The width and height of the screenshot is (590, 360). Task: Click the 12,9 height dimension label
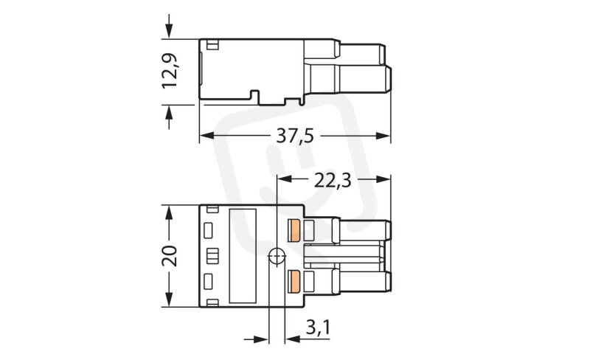[x=170, y=71]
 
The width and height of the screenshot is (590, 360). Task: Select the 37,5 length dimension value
[x=294, y=136]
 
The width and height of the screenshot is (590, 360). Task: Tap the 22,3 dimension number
[x=333, y=181]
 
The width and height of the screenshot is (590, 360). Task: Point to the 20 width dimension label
[x=170, y=256]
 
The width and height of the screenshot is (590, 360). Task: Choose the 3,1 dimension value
[x=318, y=328]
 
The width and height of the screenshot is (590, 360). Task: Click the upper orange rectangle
[x=294, y=230]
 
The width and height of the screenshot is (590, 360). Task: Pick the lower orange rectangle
[x=294, y=282]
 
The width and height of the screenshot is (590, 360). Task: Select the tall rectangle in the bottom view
[x=243, y=256]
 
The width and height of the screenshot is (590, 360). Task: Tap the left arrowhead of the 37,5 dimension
[x=206, y=136]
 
